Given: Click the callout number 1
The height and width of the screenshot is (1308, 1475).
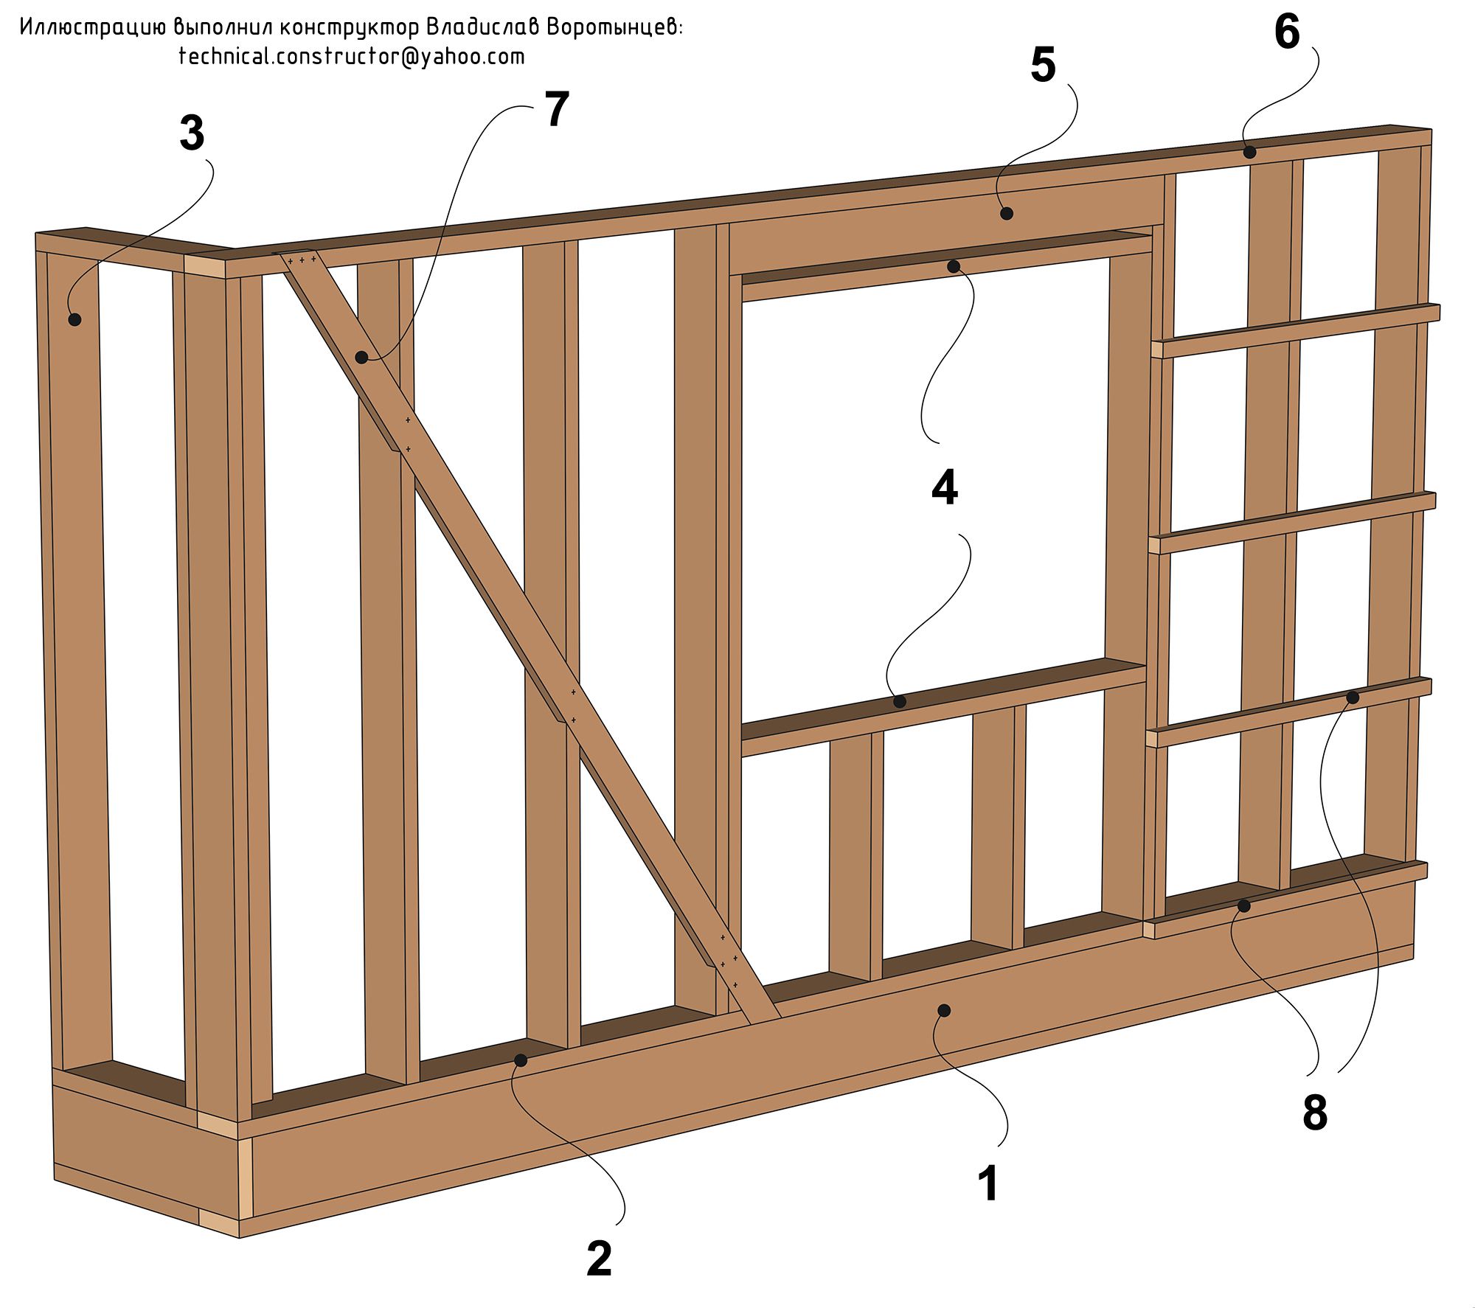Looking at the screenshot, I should [x=988, y=1183].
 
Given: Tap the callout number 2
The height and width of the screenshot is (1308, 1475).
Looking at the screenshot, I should [x=599, y=1258].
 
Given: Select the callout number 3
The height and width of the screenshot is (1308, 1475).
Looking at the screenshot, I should [x=192, y=134].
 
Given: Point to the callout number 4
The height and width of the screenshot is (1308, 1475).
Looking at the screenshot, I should [x=945, y=488].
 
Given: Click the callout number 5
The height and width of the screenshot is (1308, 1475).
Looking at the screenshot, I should [x=1043, y=65].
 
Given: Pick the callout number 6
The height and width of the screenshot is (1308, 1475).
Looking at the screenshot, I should [x=1287, y=32].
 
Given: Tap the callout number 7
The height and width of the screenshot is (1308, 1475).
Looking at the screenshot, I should [x=557, y=110].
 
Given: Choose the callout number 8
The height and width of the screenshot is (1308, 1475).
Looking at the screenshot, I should [x=1315, y=1112].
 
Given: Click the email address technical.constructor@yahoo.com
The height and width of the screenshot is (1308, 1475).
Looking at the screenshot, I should [x=352, y=57].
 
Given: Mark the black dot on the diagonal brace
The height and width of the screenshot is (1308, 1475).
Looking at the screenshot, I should [x=361, y=358].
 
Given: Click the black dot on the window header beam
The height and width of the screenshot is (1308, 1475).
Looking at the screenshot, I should [x=1007, y=214].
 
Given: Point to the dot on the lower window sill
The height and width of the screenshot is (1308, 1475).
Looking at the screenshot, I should [x=900, y=702].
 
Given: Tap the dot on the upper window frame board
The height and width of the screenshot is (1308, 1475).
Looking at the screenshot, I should [x=953, y=266].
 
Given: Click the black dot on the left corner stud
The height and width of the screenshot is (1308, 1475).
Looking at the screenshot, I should [x=74, y=319].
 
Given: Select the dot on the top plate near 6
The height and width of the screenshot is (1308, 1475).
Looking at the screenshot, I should [x=1249, y=153].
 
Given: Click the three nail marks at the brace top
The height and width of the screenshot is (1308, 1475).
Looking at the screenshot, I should [x=302, y=260].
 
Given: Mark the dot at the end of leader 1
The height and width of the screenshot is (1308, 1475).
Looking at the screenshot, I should [x=943, y=1009].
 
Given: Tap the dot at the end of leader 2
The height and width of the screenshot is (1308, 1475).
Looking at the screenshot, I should [x=521, y=1060].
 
